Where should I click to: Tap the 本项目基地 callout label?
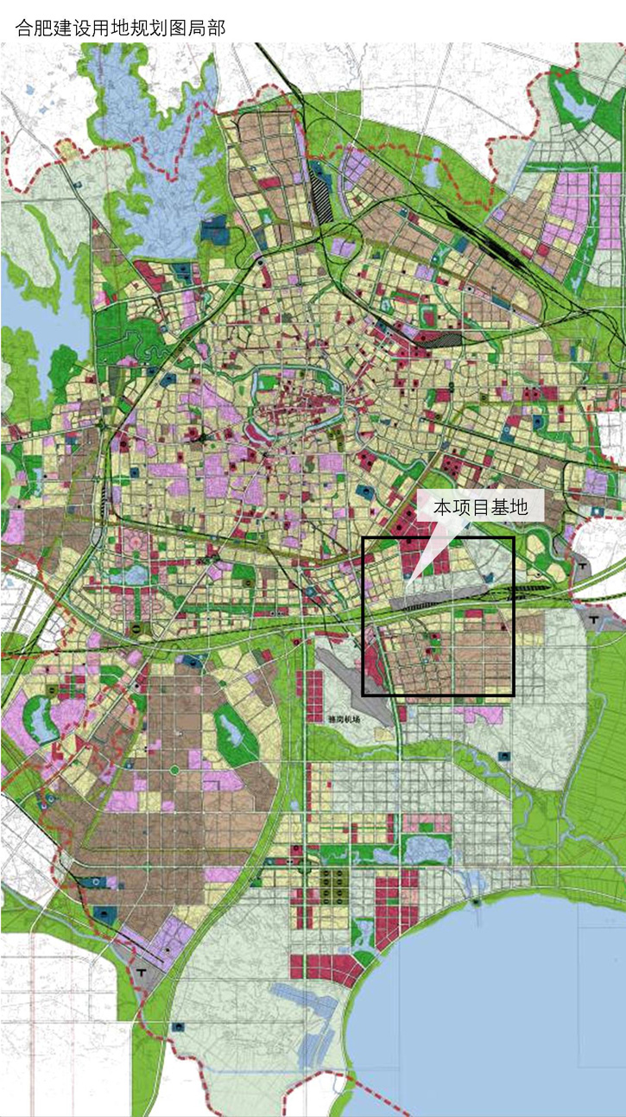point(479,507)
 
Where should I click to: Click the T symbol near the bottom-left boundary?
point(141,973)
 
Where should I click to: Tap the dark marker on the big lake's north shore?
point(477,901)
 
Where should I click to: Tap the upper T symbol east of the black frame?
point(584,566)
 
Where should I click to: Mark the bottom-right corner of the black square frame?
point(513,695)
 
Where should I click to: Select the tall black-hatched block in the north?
point(319,200)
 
